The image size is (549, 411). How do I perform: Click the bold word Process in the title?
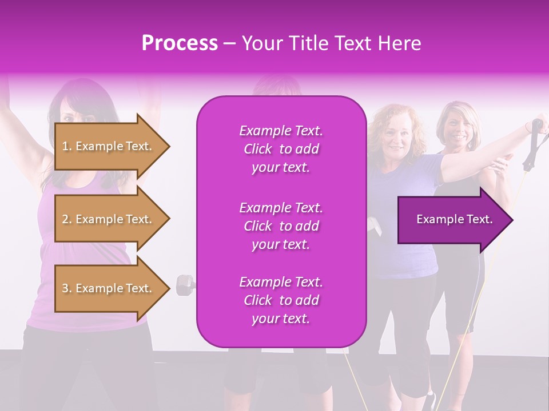tap(180, 43)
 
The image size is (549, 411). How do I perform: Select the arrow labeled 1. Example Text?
tap(109, 146)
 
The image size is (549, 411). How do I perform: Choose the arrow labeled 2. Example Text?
tap(109, 219)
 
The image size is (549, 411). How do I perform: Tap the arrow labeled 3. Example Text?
tap(109, 288)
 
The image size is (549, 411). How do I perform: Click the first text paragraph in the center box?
tap(281, 149)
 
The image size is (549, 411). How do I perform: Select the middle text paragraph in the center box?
tap(281, 226)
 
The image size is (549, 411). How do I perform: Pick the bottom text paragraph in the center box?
tap(281, 300)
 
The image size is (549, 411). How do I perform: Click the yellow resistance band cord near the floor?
tap(357, 382)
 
